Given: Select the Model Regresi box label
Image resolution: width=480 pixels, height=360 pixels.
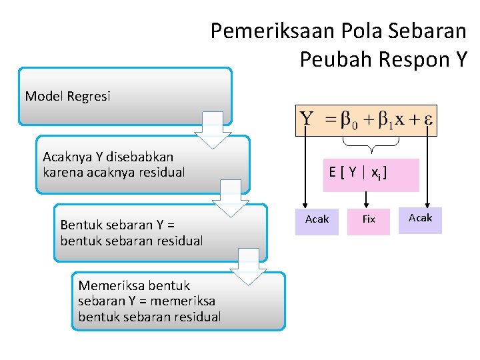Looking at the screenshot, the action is coord(67,96).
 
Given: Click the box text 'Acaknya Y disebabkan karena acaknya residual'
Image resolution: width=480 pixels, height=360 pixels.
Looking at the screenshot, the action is coord(113,165).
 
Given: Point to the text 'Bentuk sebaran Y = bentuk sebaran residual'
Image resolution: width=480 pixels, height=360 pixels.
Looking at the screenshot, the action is coord(131,233).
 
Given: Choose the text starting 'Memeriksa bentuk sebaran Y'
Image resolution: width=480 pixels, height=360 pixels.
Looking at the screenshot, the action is coord(149,301).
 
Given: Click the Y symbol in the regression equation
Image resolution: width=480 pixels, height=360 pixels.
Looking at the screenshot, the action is coord(308,120).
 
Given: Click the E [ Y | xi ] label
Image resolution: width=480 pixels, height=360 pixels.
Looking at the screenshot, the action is coord(358,174).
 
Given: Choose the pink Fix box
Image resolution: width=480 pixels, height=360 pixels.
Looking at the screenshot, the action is coord(369,219).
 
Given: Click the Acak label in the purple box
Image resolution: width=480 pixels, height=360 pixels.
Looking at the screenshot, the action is coord(420,218).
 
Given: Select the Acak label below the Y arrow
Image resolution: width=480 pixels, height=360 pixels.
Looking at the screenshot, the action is coord(317,219).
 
